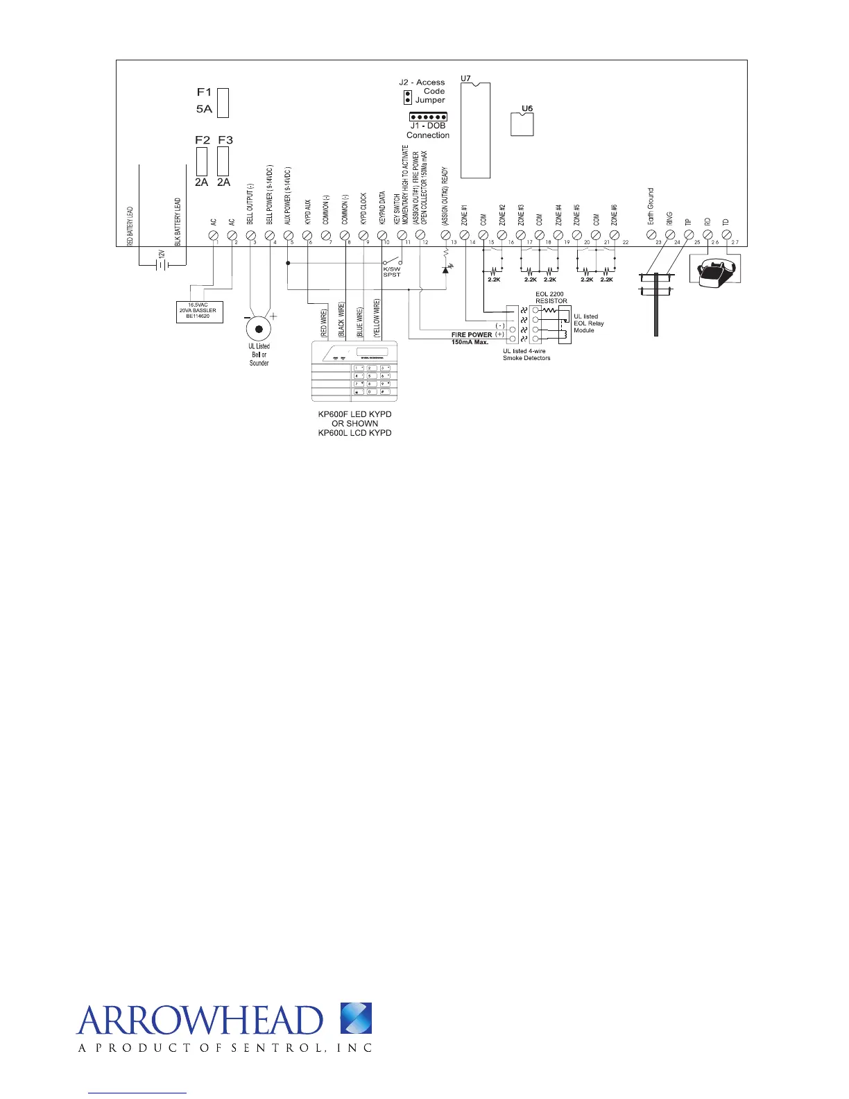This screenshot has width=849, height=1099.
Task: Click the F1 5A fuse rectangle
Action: pos(223,102)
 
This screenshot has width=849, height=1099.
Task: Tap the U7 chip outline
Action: pos(475,130)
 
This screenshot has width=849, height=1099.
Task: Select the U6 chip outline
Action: pos(522,124)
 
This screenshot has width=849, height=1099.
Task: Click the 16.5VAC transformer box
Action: pos(198,310)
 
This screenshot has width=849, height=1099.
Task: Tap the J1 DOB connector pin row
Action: pos(427,117)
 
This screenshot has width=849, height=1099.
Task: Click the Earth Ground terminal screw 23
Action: pos(651,236)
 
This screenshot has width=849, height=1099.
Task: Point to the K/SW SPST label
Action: pos(392,272)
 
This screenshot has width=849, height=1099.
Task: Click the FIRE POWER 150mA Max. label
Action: pos(472,338)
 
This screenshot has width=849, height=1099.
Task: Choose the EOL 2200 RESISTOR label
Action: pos(551,298)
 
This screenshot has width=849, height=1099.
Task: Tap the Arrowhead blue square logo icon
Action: pos(356,1019)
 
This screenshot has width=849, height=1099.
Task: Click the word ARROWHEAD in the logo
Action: pos(200,1021)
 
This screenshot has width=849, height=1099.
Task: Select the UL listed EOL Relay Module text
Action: pos(588,323)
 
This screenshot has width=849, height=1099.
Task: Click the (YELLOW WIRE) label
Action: pos(377,318)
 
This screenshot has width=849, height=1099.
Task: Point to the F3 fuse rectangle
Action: pos(223,162)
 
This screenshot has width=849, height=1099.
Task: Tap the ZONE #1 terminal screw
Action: pos(465,236)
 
